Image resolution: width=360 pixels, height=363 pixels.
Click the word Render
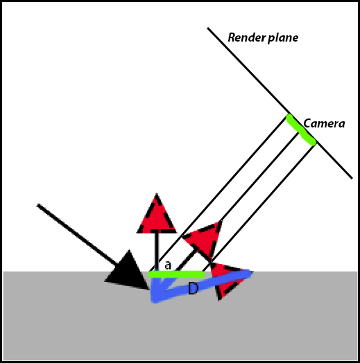pos(247,37)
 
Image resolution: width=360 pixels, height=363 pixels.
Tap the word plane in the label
pos(283,38)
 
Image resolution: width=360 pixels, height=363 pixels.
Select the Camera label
pos(324,123)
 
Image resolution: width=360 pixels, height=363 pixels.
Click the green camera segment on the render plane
pos(301,130)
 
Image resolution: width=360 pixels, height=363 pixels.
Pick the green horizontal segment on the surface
pos(176,274)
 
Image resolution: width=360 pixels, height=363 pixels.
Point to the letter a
pos(168,265)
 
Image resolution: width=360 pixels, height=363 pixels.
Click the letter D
pos(193,288)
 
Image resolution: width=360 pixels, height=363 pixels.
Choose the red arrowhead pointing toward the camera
pos(205,238)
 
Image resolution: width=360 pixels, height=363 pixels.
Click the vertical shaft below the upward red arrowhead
pos(157,251)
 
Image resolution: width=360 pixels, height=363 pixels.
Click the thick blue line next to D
pos(199,286)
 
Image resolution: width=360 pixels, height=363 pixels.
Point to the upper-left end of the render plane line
pos(208,28)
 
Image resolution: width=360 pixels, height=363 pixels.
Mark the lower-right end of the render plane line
pos(352,178)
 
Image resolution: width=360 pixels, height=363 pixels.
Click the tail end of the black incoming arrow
pos(38,205)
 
